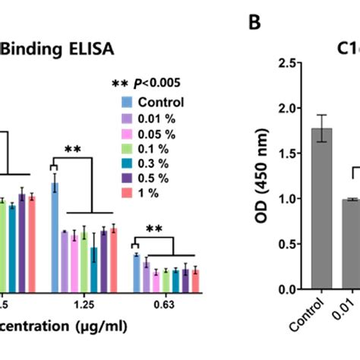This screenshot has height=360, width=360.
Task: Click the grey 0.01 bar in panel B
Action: (x=351, y=244)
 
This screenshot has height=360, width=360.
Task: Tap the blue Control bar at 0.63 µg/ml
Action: (x=137, y=273)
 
